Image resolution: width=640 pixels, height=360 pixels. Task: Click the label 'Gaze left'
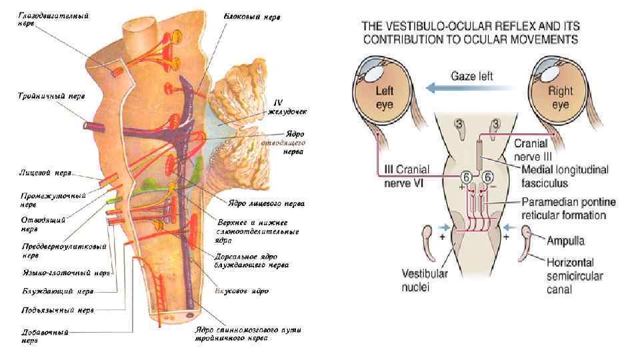(471, 76)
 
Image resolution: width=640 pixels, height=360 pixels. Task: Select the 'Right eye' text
(559, 97)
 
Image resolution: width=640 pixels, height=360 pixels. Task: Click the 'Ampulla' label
(567, 240)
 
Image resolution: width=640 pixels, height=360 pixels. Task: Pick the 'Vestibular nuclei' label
(425, 281)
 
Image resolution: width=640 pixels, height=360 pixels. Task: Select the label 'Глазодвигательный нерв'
(45, 19)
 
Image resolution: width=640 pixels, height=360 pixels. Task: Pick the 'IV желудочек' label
(287, 107)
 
